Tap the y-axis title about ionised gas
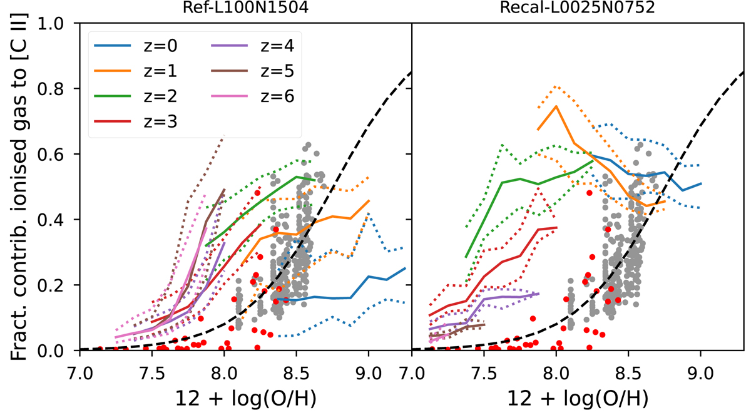[x=23, y=187]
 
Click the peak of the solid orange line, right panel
[x=556, y=106]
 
